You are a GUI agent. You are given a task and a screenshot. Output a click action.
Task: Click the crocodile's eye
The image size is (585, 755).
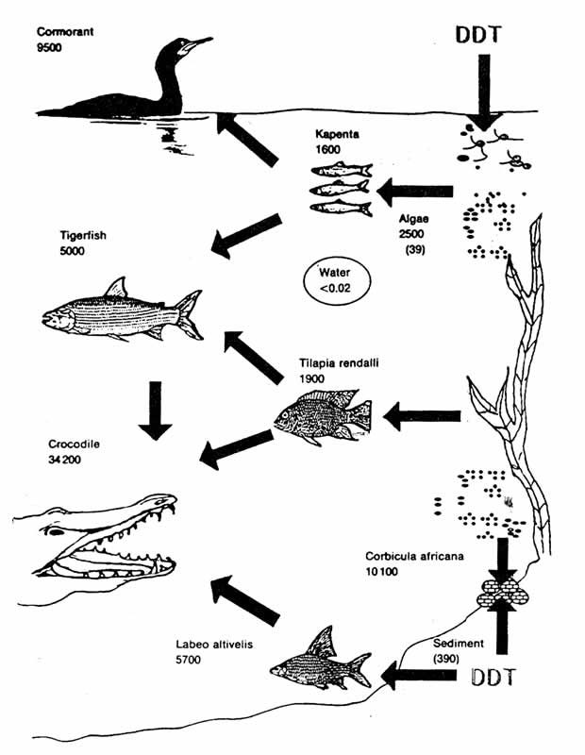pyautogui.click(x=58, y=531)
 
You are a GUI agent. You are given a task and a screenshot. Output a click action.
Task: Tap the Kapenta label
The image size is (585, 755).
pyautogui.click(x=339, y=135)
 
